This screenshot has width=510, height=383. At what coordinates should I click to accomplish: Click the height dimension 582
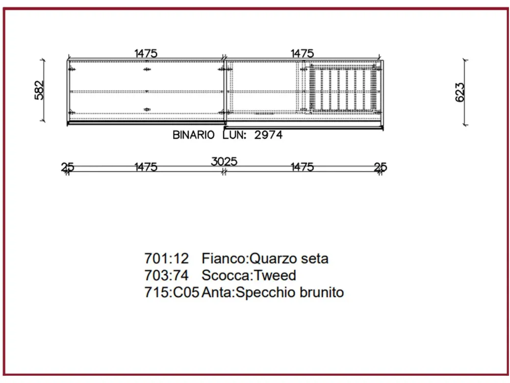click(40, 90)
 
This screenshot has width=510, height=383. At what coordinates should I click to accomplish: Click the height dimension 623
click(460, 92)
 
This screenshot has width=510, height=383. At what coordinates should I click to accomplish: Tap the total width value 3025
click(224, 161)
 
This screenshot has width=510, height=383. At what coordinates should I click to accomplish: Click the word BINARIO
click(193, 135)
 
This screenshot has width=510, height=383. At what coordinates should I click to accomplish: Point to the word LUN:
click(235, 135)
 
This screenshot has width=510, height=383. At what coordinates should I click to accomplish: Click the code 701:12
click(167, 258)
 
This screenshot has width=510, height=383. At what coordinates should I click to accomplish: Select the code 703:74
click(167, 276)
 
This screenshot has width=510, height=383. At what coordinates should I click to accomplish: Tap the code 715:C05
click(172, 293)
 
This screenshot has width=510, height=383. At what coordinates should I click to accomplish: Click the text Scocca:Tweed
click(249, 276)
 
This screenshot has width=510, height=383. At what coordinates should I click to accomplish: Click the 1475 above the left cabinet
click(146, 53)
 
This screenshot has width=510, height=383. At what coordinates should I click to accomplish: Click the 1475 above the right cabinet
click(302, 53)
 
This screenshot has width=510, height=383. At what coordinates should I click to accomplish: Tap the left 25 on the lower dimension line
click(67, 167)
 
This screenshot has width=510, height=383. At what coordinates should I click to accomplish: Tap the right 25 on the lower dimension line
click(380, 167)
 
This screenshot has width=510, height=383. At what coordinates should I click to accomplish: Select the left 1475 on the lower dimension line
click(146, 167)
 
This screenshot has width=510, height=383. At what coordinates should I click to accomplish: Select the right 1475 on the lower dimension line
click(302, 167)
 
